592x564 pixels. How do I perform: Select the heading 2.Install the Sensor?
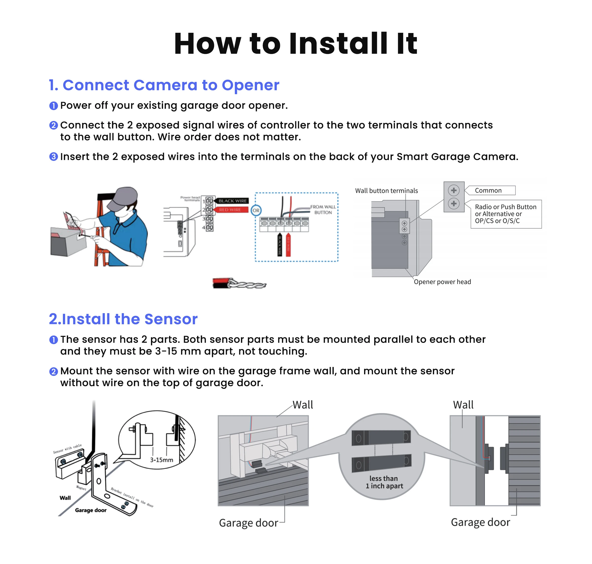(123, 319)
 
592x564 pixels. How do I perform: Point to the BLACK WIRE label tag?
(232, 201)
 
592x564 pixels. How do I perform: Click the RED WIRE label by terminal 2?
(230, 209)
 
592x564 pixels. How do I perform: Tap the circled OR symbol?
(256, 210)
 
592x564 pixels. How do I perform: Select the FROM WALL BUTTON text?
(323, 209)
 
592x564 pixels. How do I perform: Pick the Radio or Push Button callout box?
(506, 214)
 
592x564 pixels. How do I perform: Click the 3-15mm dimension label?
(162, 460)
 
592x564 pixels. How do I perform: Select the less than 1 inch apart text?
(384, 482)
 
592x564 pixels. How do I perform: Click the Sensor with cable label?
(67, 448)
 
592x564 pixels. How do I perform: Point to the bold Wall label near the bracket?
(65, 498)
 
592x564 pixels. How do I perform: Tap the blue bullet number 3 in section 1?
(54, 157)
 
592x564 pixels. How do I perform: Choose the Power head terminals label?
(190, 199)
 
